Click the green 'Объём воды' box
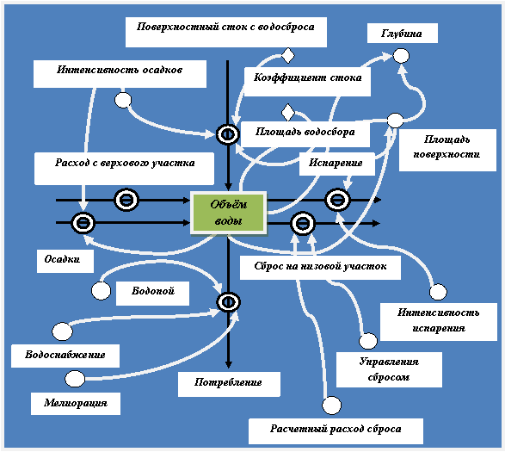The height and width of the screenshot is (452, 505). click(228, 213)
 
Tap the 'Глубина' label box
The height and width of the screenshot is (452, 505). click(403, 34)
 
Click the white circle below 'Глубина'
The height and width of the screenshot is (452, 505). click(401, 56)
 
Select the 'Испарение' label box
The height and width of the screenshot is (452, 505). click(337, 164)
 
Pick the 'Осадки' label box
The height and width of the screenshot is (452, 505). click(65, 261)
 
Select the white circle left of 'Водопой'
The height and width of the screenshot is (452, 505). click(102, 290)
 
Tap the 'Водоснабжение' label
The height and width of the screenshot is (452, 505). click(65, 356)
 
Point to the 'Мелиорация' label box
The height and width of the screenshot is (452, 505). click(76, 403)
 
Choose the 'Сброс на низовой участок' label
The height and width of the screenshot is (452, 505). click(320, 268)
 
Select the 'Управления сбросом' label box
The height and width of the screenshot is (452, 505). click(389, 369)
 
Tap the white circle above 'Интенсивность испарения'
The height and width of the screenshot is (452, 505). click(438, 292)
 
